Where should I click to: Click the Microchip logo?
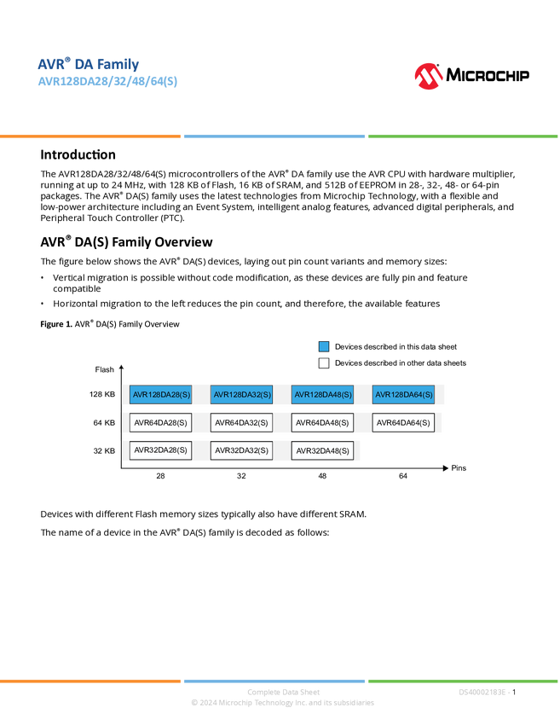click(471, 76)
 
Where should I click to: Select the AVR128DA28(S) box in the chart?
click(160, 394)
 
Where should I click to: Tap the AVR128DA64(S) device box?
click(403, 394)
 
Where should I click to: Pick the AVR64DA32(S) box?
click(241, 422)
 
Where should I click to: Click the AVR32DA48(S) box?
click(322, 451)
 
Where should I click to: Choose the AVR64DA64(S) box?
click(403, 422)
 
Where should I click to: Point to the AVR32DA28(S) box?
click(160, 450)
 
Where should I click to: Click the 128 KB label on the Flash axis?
click(102, 394)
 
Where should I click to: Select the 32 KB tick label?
click(104, 451)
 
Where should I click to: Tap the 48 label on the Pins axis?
click(322, 476)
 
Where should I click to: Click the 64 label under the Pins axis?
click(403, 476)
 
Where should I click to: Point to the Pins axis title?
click(459, 468)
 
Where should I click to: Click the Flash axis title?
click(105, 369)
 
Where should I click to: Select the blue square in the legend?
click(324, 347)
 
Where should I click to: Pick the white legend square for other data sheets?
click(324, 363)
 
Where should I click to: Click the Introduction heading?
click(78, 154)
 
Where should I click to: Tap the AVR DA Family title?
click(89, 64)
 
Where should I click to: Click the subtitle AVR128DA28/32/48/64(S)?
click(107, 81)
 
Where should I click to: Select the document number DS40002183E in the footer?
click(482, 693)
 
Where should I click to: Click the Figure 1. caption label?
click(56, 324)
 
